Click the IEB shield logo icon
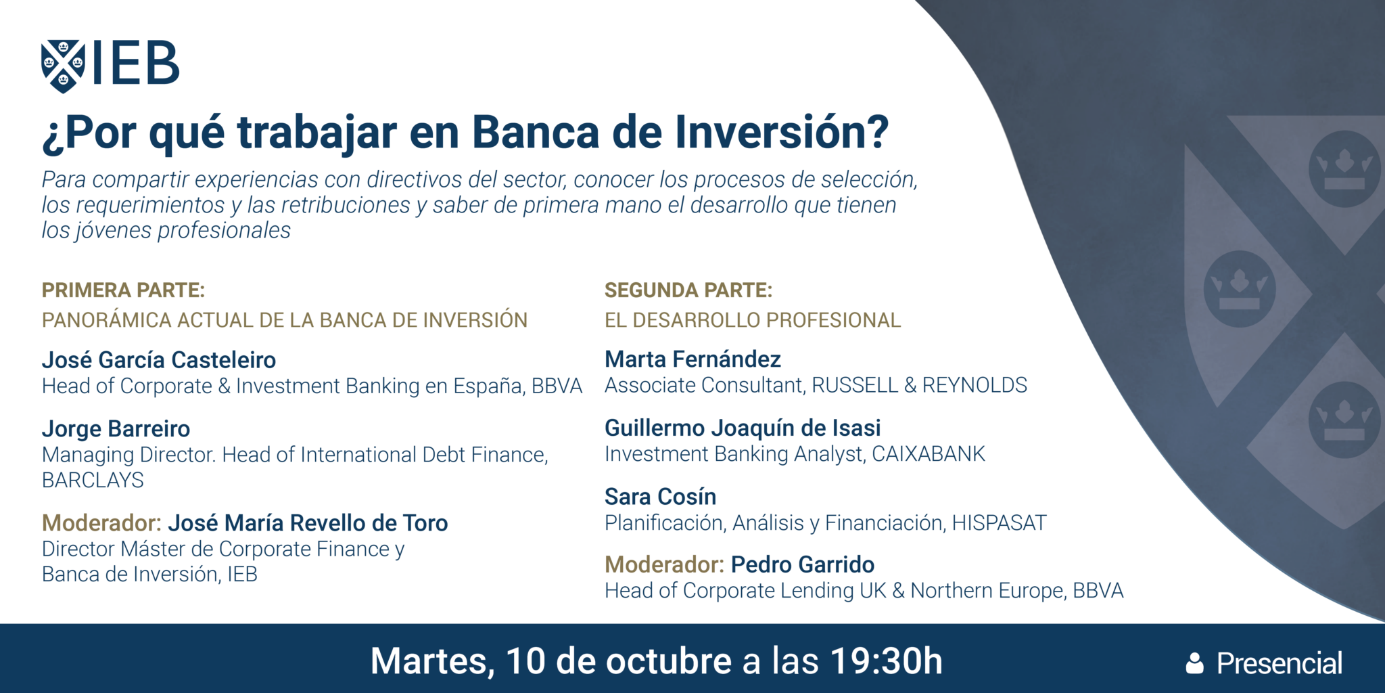click(x=63, y=66)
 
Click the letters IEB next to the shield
click(x=135, y=64)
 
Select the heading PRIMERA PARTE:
click(x=123, y=290)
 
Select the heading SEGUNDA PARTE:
click(x=688, y=290)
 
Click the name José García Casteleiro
click(x=159, y=360)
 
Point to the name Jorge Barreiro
click(x=116, y=429)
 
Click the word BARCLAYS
click(x=93, y=480)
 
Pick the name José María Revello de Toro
click(x=308, y=523)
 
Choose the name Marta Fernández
click(x=692, y=359)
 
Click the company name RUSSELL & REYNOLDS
click(x=919, y=385)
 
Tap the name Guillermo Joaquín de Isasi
click(x=743, y=428)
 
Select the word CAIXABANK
click(x=928, y=454)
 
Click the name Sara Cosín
click(x=660, y=497)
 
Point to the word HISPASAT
click(x=999, y=523)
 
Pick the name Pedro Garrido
click(x=802, y=564)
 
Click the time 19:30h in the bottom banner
click(x=886, y=661)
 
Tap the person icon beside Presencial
click(x=1195, y=663)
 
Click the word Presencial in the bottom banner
click(x=1279, y=663)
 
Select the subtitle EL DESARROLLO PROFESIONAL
click(x=752, y=320)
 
